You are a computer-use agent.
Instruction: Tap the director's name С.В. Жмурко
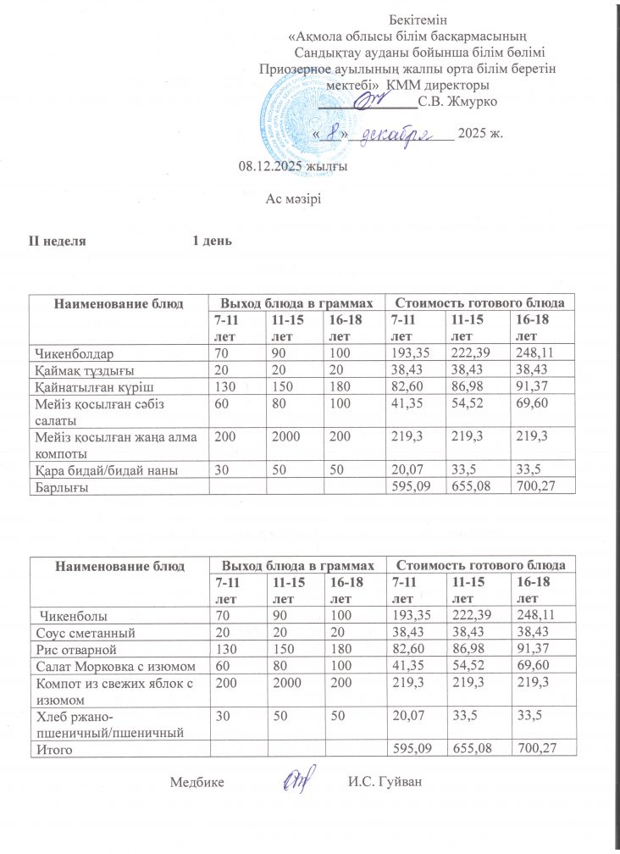pos(458,102)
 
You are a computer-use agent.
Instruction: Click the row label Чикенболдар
pos(73,351)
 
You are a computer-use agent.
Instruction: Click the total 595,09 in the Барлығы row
pos(404,486)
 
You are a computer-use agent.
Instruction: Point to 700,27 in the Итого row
pos(533,749)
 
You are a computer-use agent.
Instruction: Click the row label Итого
pos(50,749)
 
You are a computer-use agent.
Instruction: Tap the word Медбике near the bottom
pos(197,781)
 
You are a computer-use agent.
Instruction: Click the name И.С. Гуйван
pos(384,781)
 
